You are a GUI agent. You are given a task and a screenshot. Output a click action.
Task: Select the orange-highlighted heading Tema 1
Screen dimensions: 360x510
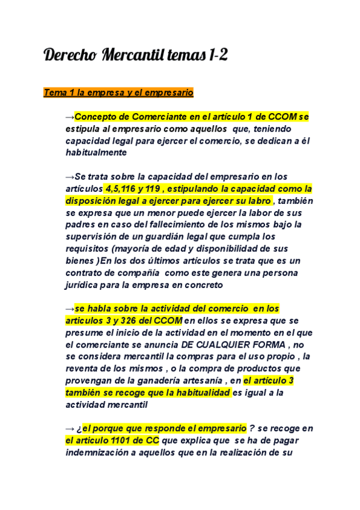click(118, 93)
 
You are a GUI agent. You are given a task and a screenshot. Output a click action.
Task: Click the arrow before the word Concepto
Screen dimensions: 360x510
click(70, 117)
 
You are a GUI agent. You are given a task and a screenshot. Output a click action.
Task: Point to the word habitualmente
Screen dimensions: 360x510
click(96, 153)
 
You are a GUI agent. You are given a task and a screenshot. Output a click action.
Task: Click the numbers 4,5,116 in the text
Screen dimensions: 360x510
click(123, 189)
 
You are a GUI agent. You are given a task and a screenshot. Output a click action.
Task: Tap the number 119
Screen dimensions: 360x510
click(160, 189)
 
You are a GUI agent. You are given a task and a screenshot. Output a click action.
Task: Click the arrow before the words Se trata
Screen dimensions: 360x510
click(70, 177)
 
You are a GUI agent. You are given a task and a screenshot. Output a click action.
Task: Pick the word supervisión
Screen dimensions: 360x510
click(93, 237)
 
